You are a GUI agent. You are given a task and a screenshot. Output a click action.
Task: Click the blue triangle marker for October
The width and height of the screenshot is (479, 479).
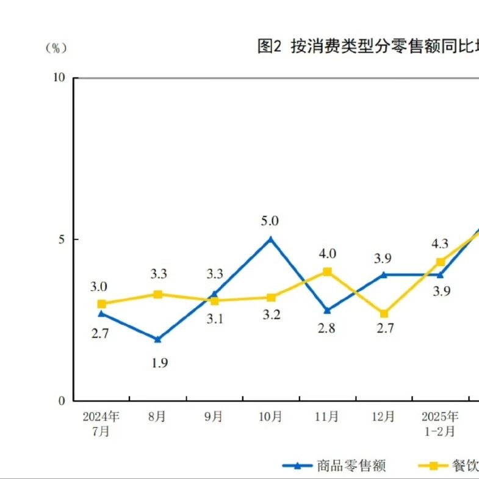point(270,239)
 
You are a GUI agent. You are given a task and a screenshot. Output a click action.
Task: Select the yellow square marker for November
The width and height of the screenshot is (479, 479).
point(327,272)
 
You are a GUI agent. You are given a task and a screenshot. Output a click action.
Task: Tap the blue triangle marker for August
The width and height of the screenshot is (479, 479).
point(157,339)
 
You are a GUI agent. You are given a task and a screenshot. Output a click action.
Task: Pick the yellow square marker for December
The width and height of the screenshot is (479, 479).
point(384,314)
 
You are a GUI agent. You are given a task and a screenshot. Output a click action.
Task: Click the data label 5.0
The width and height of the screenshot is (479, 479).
point(270,221)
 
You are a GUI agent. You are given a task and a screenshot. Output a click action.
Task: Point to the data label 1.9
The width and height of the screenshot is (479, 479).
point(160,363)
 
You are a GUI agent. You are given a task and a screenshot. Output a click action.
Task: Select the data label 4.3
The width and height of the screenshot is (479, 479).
point(440,243)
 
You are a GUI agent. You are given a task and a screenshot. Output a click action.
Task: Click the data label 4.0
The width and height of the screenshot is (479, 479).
point(328,254)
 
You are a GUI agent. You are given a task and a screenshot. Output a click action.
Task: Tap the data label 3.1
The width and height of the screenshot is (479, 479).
point(215,319)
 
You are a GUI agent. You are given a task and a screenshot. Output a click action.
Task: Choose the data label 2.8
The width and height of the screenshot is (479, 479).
point(326,328)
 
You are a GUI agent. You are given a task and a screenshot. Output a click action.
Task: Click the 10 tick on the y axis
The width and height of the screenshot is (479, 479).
point(59,77)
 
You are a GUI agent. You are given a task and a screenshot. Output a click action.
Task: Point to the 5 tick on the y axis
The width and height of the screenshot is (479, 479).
point(62,239)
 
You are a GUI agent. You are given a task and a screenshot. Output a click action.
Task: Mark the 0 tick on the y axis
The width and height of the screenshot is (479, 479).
point(62,400)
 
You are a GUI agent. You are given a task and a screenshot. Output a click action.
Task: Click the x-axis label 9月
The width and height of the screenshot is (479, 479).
point(213,416)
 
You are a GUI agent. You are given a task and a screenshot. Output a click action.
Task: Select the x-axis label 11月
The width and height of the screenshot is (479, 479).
point(327,416)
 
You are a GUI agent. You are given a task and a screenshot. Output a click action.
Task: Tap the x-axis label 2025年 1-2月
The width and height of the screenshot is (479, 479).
point(440,423)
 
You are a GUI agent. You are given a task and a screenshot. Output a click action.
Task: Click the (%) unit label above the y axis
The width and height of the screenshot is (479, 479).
point(56,48)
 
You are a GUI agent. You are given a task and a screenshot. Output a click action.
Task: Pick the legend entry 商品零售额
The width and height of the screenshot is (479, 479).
point(334,466)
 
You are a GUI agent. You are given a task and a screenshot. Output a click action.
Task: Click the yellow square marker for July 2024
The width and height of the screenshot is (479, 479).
point(102,304)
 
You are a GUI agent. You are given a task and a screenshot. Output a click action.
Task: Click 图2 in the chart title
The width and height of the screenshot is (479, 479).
point(269,46)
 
